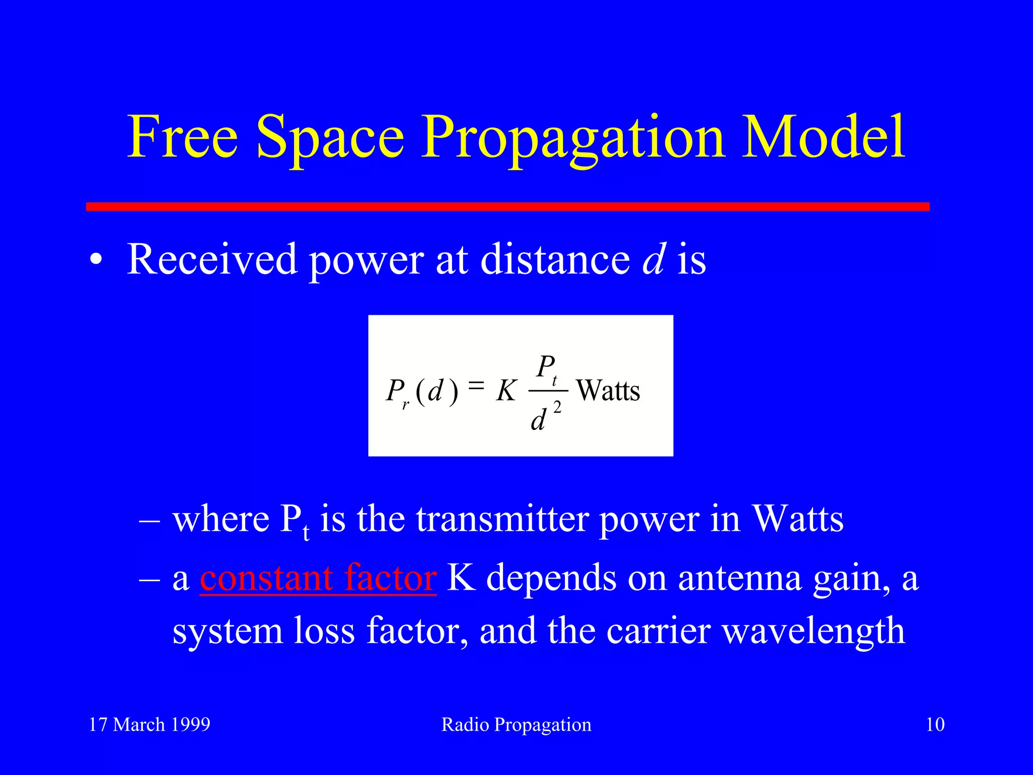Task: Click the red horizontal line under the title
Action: [x=507, y=206]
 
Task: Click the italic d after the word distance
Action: [x=654, y=259]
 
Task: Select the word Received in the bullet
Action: [x=212, y=259]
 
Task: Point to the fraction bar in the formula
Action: [x=548, y=390]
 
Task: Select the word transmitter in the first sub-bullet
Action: [x=502, y=519]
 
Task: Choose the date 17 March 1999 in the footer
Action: [x=149, y=725]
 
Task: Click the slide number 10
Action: [x=935, y=725]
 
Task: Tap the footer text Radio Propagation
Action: [x=516, y=725]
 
